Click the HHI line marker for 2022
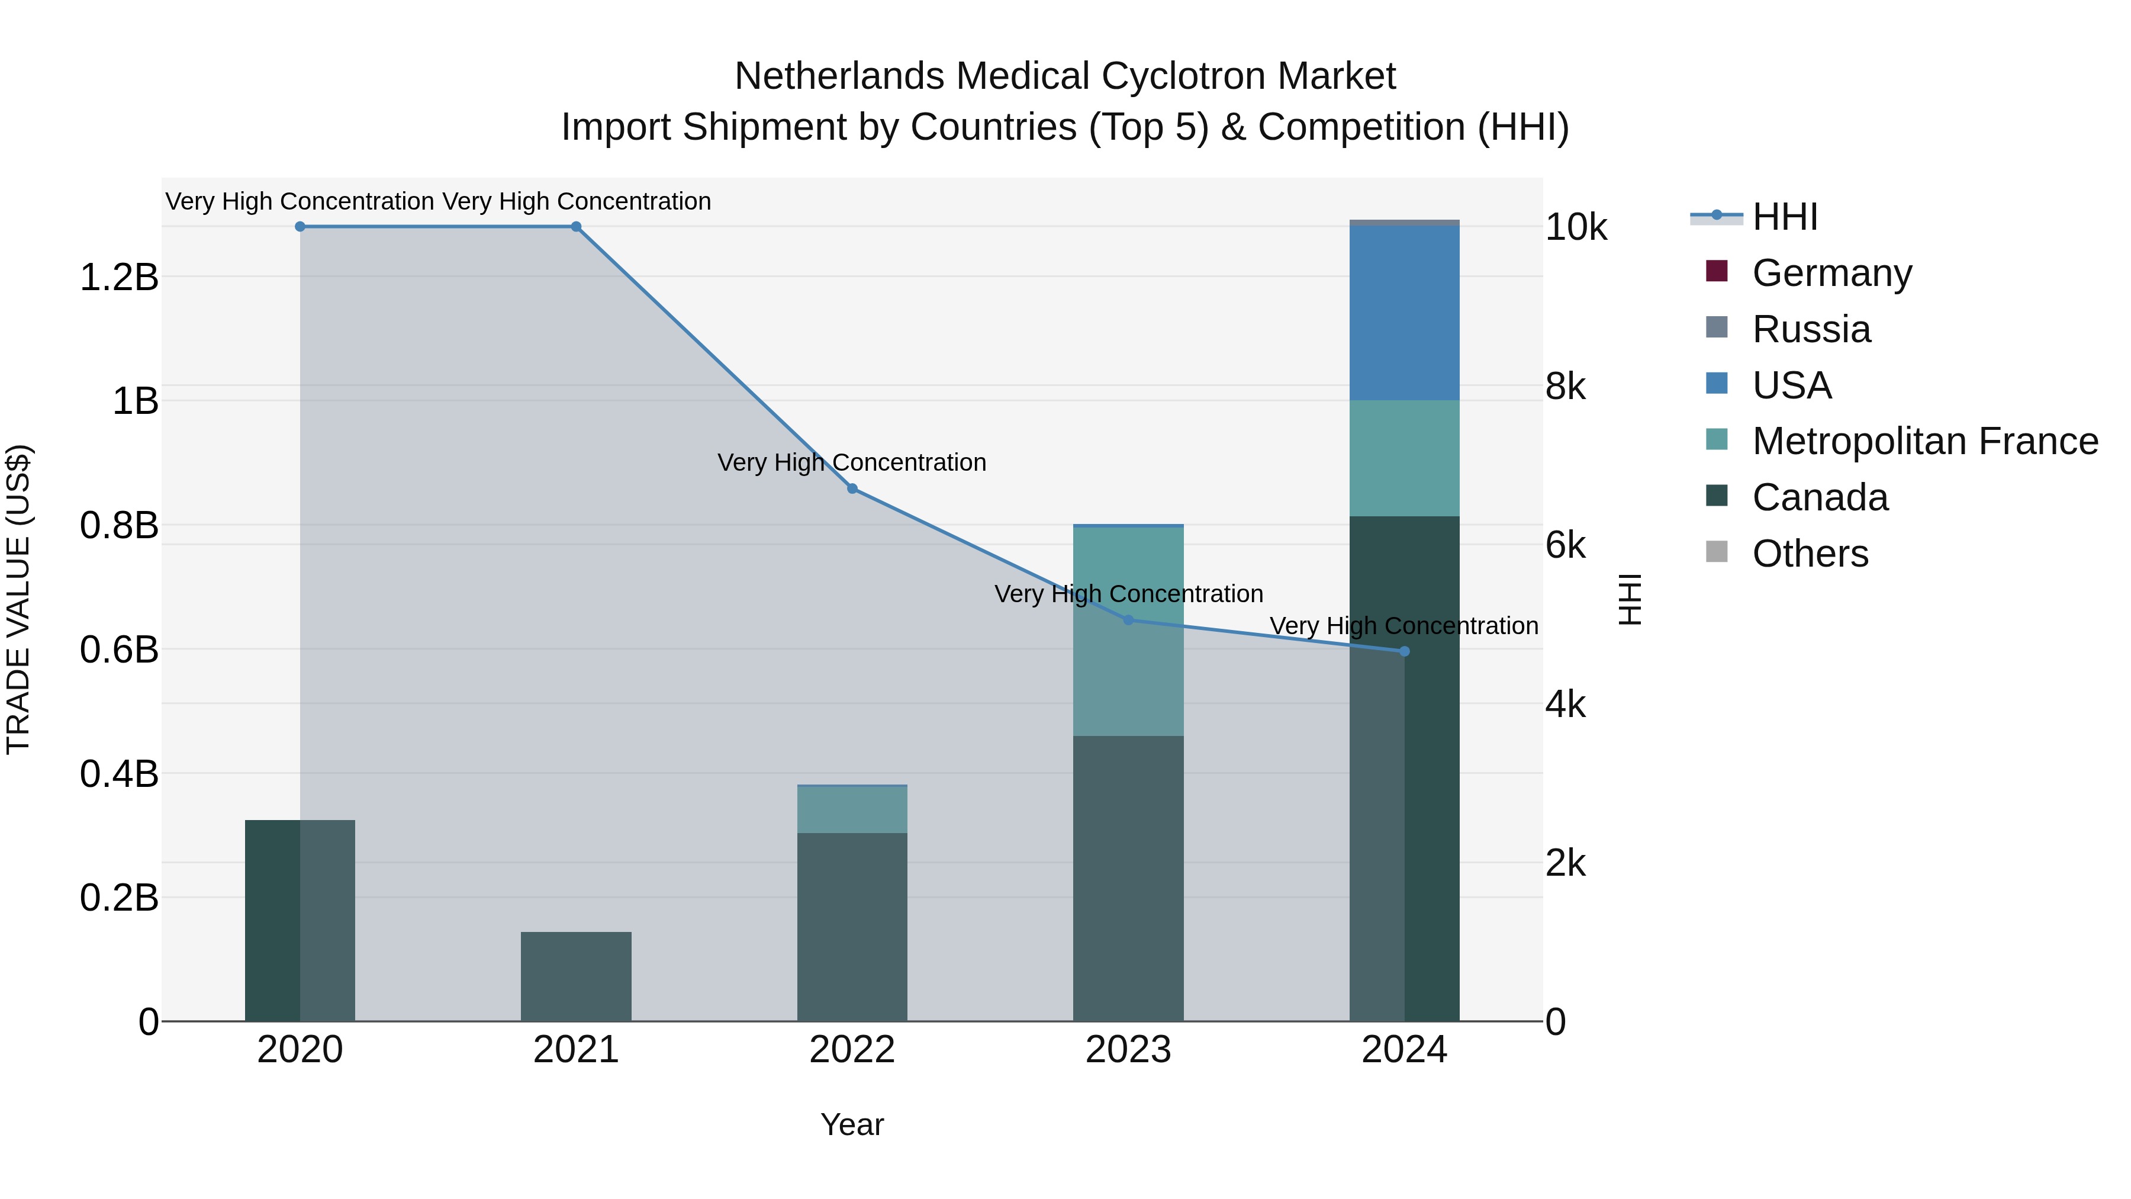coord(852,489)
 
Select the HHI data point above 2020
coord(300,227)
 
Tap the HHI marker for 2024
coord(1404,652)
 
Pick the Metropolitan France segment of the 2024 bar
coord(1404,458)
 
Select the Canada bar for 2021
coord(576,976)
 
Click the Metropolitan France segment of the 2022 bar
coord(852,809)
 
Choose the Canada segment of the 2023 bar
coord(1128,877)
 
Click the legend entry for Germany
coord(1831,273)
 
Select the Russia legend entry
coord(1810,329)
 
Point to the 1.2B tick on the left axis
coord(119,277)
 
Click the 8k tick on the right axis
coord(1565,387)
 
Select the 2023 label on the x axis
coord(1128,1050)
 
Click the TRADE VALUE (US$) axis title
coord(18,599)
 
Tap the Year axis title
coord(852,1124)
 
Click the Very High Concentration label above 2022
coord(852,462)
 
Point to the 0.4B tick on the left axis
coord(119,774)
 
